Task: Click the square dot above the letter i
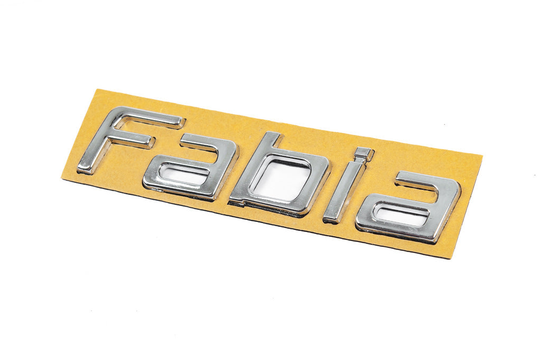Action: tap(363, 154)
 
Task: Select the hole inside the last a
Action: tap(402, 214)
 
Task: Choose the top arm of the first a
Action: tap(206, 142)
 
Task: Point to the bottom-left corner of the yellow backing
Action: tap(62, 179)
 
